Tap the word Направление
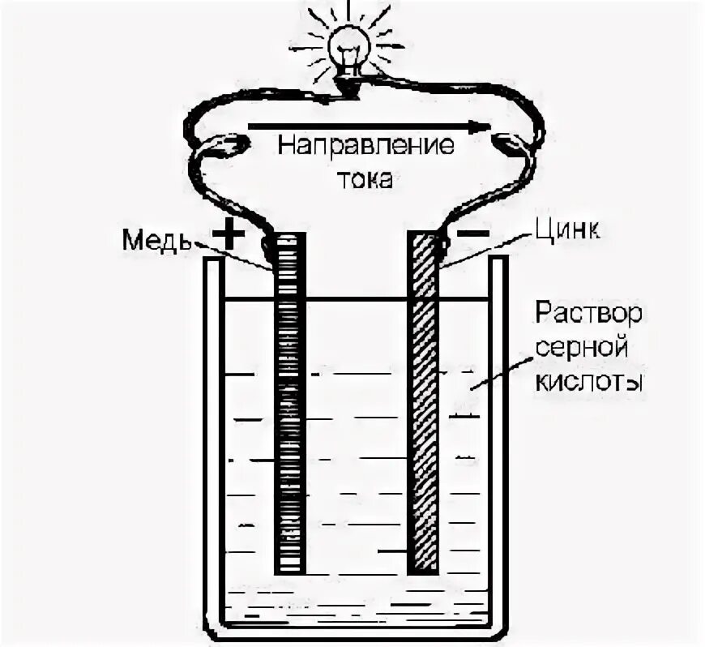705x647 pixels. pyautogui.click(x=366, y=148)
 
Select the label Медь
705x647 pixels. pyautogui.click(x=157, y=240)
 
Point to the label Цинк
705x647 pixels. pyautogui.click(x=567, y=232)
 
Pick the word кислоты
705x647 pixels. pyautogui.click(x=588, y=381)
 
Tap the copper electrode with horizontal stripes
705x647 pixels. pyautogui.click(x=289, y=405)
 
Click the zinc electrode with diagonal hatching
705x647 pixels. pyautogui.click(x=423, y=405)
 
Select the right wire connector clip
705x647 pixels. pyautogui.click(x=511, y=146)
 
